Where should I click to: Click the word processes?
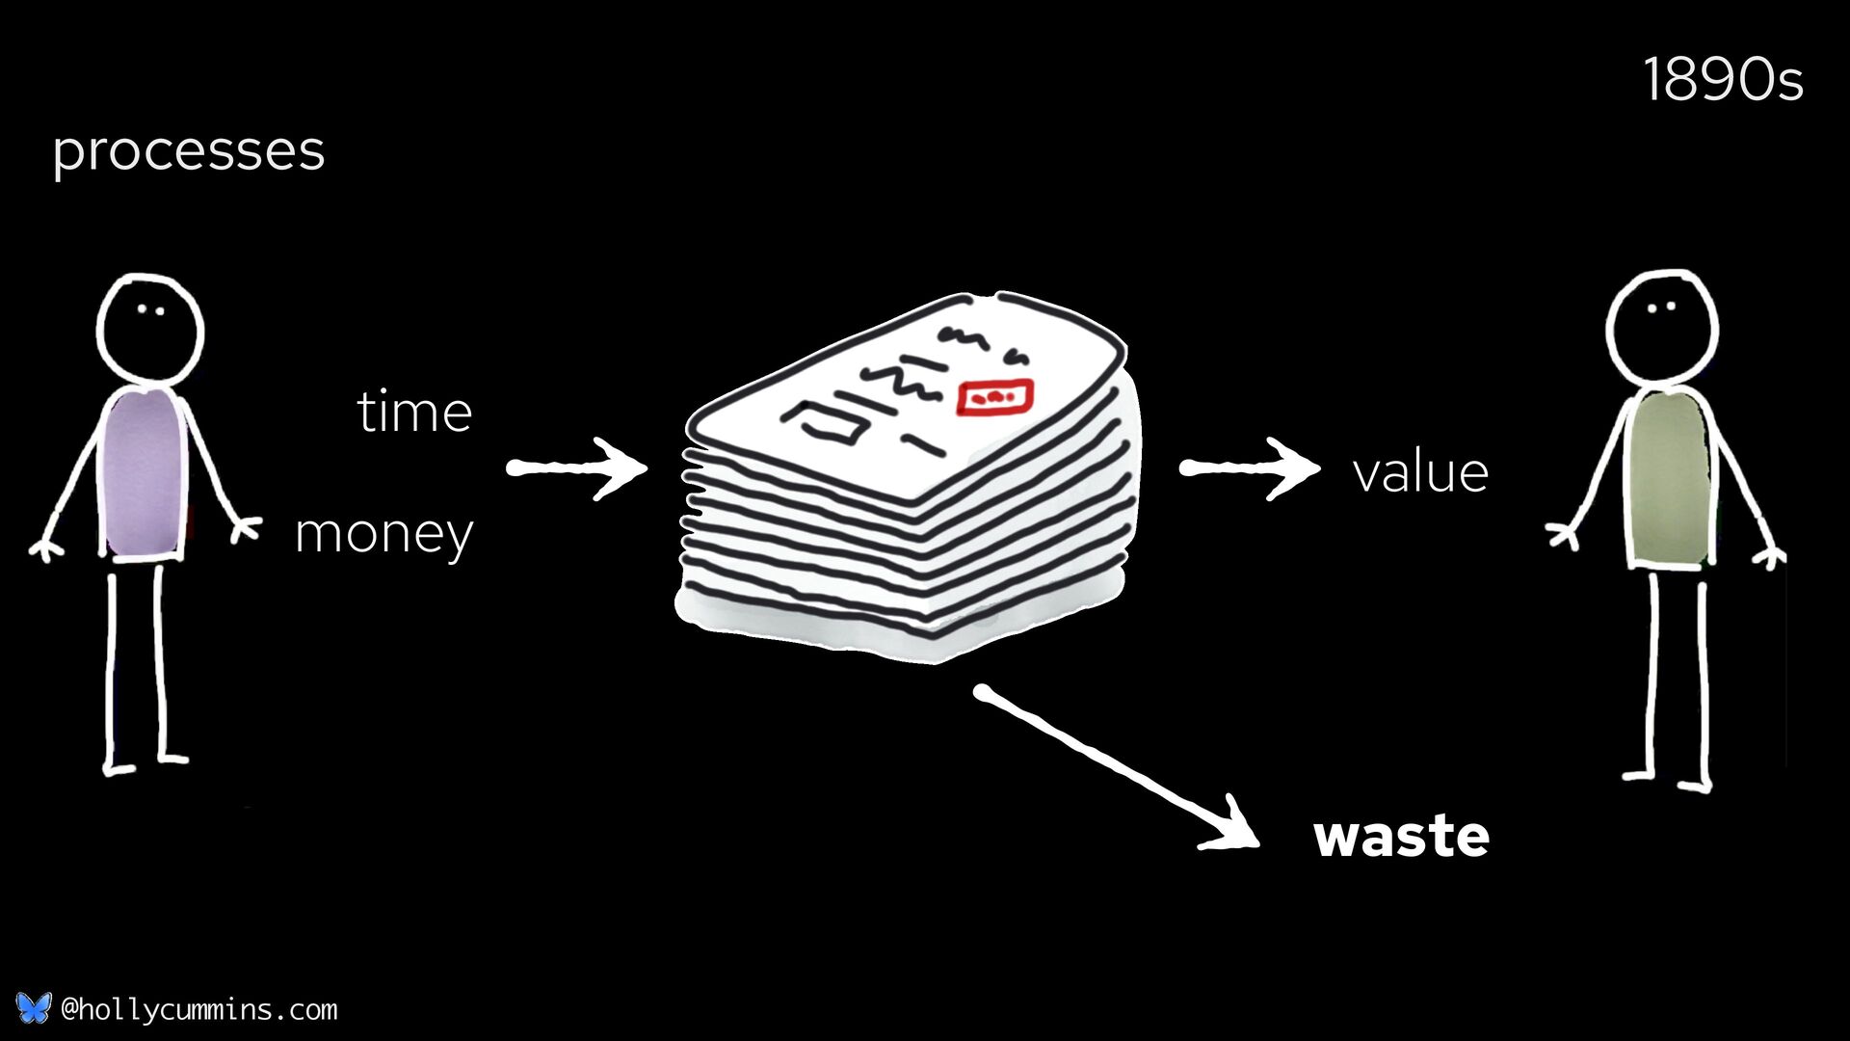[x=189, y=152]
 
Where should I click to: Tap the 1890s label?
[x=1722, y=80]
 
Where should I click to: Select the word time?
[x=414, y=413]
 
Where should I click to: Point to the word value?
[x=1420, y=473]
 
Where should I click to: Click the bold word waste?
[x=1401, y=836]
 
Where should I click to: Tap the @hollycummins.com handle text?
[x=198, y=1009]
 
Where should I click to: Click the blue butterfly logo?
[x=33, y=1008]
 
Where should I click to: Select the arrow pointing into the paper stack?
[x=576, y=468]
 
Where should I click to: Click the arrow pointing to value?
[x=1249, y=468]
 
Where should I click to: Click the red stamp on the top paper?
[x=994, y=396]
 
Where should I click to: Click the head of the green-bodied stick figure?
[x=1661, y=326]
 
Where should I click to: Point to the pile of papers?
[x=906, y=482]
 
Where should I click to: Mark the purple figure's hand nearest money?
[x=246, y=529]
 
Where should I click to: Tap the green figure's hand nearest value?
[x=1562, y=533]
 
